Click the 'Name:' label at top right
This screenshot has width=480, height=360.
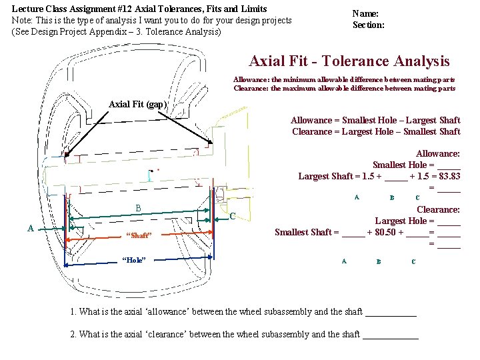365,13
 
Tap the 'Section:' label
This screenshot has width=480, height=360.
369,25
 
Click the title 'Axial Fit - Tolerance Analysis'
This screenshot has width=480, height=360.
349,61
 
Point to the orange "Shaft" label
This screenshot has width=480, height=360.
139,235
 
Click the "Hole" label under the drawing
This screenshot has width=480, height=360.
134,259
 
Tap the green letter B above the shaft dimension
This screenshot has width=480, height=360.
139,208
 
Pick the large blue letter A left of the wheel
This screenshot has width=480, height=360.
31,228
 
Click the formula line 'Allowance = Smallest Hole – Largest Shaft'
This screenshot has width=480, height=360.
375,120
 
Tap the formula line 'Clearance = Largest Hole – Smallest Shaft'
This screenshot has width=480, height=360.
376,131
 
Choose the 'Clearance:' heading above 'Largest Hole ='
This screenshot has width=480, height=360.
438,209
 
